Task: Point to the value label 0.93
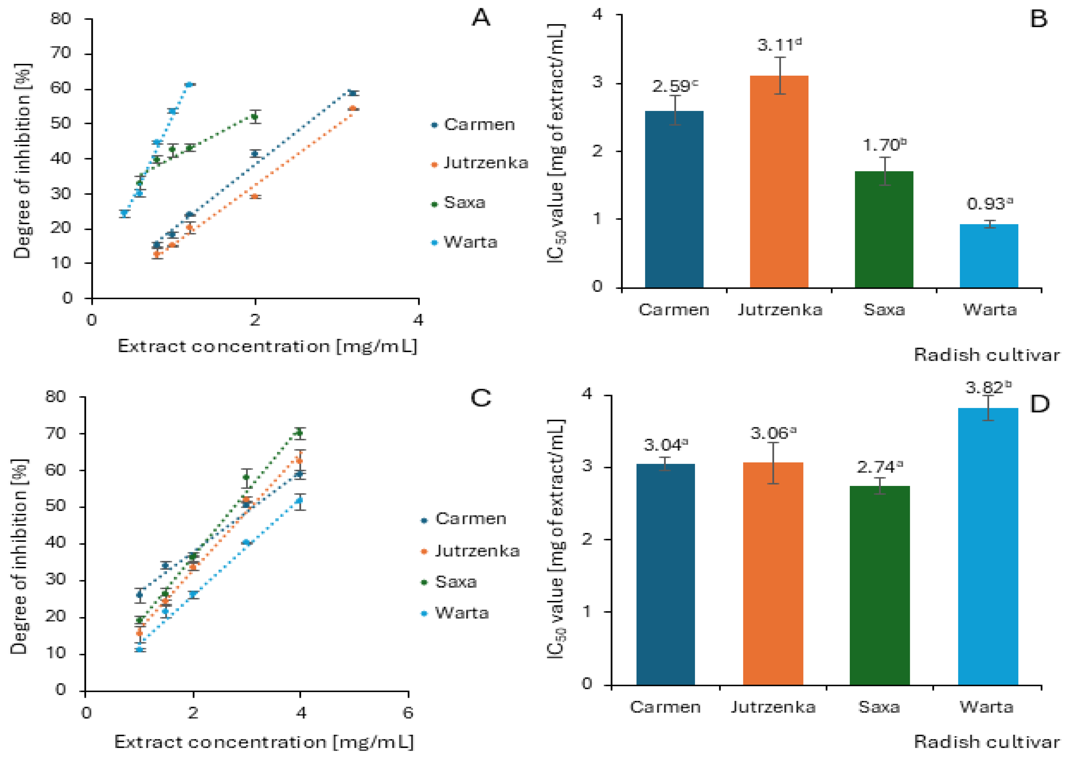[x=989, y=204]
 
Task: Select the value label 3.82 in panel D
[x=988, y=387]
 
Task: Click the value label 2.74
[x=879, y=467]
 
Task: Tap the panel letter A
[x=481, y=19]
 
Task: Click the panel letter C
[x=481, y=398]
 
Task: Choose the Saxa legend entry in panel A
[x=464, y=203]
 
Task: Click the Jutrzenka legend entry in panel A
[x=485, y=163]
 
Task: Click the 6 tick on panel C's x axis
[x=408, y=713]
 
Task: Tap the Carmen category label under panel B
[x=674, y=309]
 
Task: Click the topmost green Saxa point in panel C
[x=300, y=433]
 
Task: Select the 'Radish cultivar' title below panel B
[x=986, y=355]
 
